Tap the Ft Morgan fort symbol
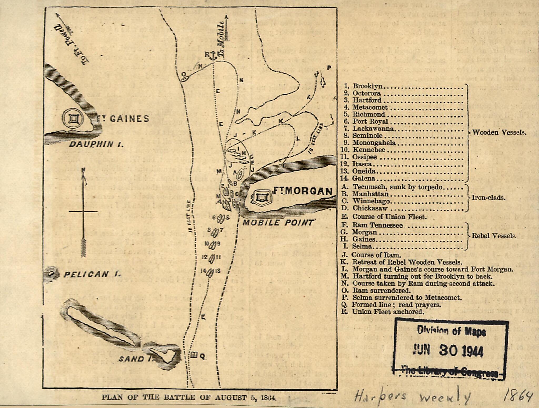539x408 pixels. pos(261,197)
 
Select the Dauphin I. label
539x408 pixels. pos(96,144)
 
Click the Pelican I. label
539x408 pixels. pos(92,275)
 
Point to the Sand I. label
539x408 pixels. pos(135,359)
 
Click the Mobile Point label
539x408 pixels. pos(278,223)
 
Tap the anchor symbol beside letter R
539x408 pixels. pos(213,56)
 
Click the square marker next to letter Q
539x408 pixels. pos(194,355)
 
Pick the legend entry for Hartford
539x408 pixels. pos(367,100)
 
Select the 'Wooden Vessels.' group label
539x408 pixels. pos(499,132)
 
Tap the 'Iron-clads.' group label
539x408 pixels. pos(488,198)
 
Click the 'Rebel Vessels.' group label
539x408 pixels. pos(494,236)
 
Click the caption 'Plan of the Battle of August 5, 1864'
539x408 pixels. pos(189,397)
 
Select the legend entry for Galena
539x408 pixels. pos(364,178)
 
